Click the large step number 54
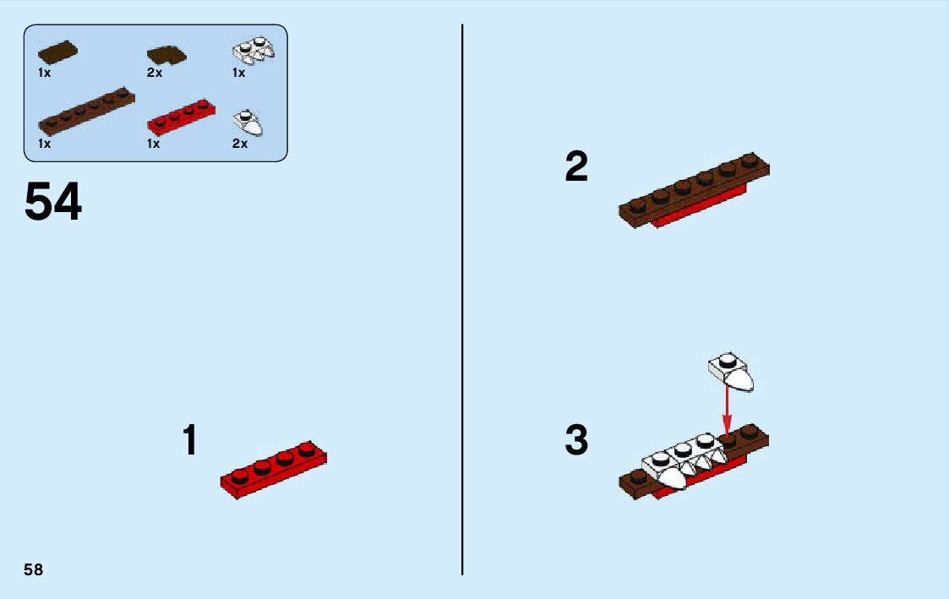(53, 202)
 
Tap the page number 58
(34, 569)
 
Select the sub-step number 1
(190, 440)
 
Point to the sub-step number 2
(576, 166)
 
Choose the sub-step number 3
(576, 440)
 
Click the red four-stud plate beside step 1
(274, 470)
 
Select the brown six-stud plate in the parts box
(86, 111)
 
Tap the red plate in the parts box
(182, 117)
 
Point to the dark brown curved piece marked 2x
(166, 56)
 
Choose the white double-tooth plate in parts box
(254, 50)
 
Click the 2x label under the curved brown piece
(155, 73)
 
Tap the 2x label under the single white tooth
(240, 144)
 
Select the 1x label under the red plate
(154, 144)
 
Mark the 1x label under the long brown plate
(44, 144)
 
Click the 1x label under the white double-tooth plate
(239, 73)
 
